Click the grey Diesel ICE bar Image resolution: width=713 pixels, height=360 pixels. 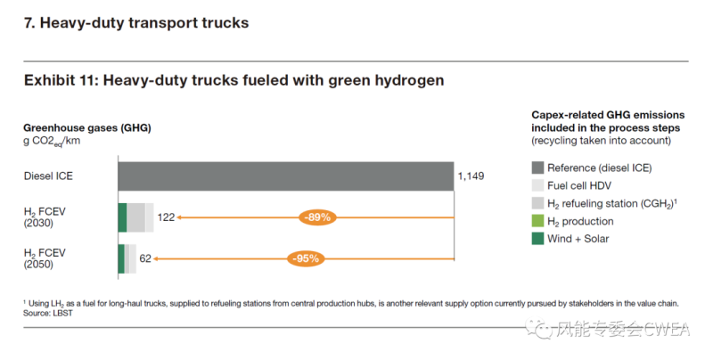click(x=285, y=176)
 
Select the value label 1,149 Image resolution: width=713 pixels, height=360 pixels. click(x=471, y=176)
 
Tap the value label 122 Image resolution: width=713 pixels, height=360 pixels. click(x=166, y=217)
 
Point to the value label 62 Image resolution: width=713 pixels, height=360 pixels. click(x=145, y=258)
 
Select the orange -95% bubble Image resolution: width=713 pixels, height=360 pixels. click(x=304, y=258)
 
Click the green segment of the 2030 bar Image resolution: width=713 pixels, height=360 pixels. click(x=122, y=217)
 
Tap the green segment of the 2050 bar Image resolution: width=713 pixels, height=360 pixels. click(x=121, y=258)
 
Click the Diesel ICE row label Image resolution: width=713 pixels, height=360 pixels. click(x=48, y=176)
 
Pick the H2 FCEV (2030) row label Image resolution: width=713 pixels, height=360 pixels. click(x=45, y=217)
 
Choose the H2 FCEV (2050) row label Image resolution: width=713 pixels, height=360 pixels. click(x=45, y=258)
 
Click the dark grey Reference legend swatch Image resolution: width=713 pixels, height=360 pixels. click(x=537, y=168)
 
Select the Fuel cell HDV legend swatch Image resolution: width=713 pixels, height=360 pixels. click(x=537, y=185)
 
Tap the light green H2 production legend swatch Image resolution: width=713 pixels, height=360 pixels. click(x=537, y=221)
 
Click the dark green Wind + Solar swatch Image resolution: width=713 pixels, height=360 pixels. click(x=537, y=238)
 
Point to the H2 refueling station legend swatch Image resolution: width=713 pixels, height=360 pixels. click(x=537, y=203)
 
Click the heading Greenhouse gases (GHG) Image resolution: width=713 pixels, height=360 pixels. click(x=86, y=127)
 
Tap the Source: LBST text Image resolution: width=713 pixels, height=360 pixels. click(x=48, y=315)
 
